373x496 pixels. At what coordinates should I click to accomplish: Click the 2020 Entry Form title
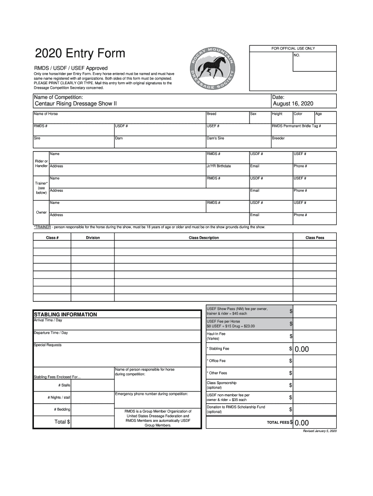pos(79,53)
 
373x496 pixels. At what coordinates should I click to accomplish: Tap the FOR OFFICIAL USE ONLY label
pos(293,48)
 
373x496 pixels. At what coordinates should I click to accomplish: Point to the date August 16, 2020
pos(293,104)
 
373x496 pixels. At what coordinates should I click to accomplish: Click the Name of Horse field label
pos(46,114)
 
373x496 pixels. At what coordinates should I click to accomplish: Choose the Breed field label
pos(211,114)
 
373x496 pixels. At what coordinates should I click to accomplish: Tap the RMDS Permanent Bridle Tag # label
pos(296,126)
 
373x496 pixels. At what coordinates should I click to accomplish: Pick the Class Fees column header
pos(314,238)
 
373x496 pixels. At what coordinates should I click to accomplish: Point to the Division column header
pos(93,238)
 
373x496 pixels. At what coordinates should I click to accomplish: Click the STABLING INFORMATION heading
pos(65,314)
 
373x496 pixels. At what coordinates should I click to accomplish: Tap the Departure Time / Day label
pos(50,333)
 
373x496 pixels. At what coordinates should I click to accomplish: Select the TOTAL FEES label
pos(278,422)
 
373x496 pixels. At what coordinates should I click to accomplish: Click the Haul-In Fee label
pos(216,334)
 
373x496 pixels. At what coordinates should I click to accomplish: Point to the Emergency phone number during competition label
pos(151,394)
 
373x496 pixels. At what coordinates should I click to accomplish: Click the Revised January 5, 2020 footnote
pos(319,431)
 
